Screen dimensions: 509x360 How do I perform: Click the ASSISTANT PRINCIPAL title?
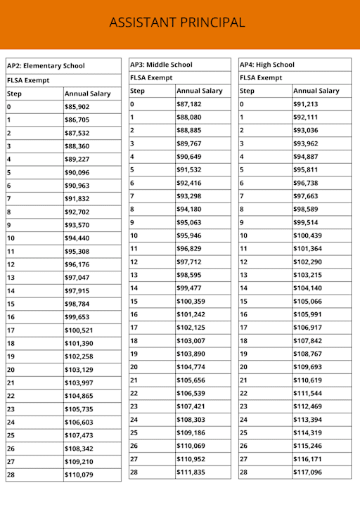(177, 22)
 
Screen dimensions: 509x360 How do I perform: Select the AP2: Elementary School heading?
(46, 66)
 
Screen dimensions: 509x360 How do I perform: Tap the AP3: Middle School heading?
(161, 65)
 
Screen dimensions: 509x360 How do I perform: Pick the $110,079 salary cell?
(79, 475)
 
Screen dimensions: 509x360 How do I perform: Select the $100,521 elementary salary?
(79, 330)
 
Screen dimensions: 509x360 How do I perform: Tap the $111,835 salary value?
(191, 472)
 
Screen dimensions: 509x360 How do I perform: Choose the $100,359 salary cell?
(191, 301)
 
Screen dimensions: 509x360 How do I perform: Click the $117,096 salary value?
(308, 472)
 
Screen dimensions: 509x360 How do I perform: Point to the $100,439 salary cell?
(308, 236)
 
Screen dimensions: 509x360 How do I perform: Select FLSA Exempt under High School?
(261, 78)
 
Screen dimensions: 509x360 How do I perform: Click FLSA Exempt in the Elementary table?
(29, 80)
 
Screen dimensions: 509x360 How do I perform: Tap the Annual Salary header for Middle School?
(199, 91)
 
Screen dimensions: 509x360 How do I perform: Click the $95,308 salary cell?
(79, 251)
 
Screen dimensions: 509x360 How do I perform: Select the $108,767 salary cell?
(308, 354)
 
